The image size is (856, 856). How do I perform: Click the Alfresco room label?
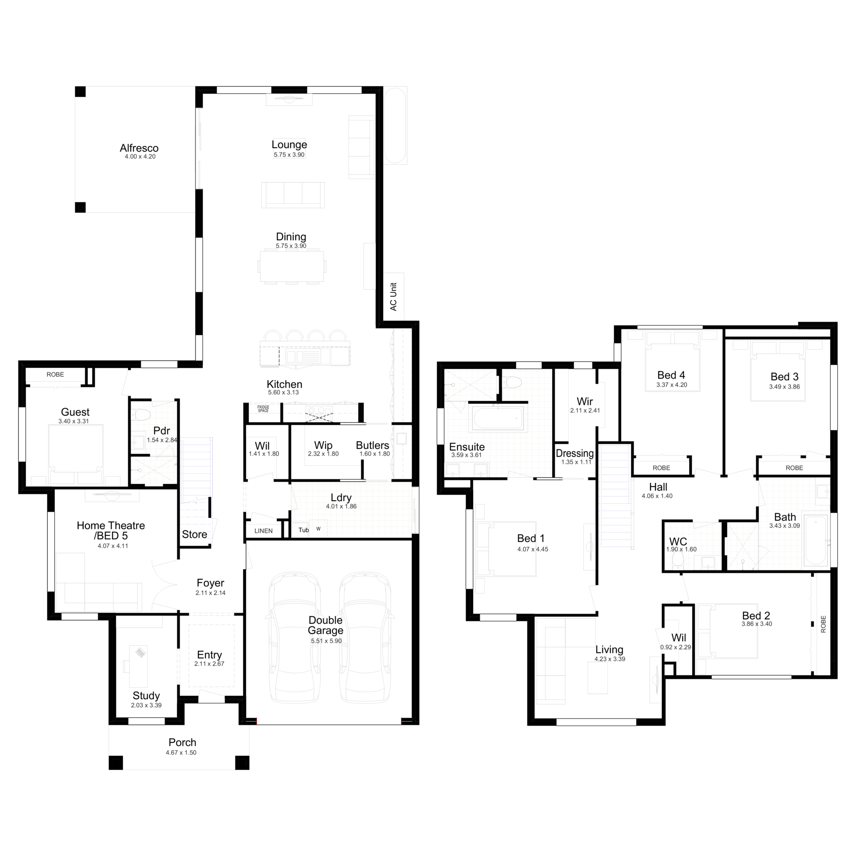click(x=139, y=148)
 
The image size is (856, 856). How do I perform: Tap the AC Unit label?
click(x=393, y=296)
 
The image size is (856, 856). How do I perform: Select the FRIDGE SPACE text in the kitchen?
click(x=263, y=409)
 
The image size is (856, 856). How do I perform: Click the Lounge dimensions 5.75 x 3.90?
click(x=289, y=155)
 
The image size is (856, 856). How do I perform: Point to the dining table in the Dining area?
click(x=292, y=266)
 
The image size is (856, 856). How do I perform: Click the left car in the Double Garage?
click(x=295, y=638)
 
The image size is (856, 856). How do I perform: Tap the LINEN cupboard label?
click(x=264, y=531)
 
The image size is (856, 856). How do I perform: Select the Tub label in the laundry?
click(x=303, y=530)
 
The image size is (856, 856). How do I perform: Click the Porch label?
click(x=182, y=743)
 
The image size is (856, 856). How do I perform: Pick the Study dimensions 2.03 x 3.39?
click(x=146, y=706)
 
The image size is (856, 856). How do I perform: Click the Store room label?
click(x=194, y=534)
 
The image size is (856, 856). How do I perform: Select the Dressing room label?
click(x=575, y=453)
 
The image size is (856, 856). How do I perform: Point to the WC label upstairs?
click(x=678, y=541)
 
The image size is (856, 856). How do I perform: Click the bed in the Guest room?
click(x=75, y=454)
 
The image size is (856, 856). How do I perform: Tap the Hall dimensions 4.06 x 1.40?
click(x=657, y=496)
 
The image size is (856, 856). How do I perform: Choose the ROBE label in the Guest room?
click(x=56, y=375)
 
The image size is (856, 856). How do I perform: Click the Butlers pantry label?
click(x=372, y=445)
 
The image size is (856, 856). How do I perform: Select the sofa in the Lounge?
click(x=293, y=194)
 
